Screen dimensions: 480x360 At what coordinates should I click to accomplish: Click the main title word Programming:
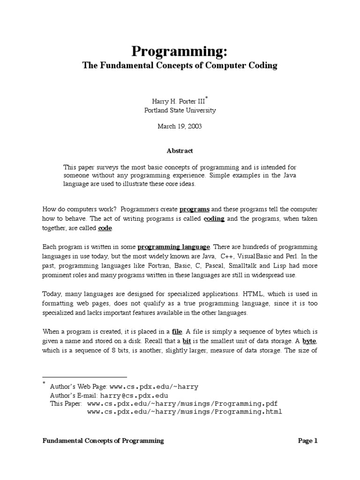(x=180, y=51)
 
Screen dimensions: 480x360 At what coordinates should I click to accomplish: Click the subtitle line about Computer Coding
(x=180, y=66)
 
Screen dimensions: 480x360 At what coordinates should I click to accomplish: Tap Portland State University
(x=180, y=111)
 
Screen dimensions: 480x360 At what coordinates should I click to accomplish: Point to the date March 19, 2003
(x=180, y=127)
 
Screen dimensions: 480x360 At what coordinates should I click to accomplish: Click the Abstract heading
(x=180, y=151)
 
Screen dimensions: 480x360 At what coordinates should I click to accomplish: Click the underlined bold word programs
(x=194, y=209)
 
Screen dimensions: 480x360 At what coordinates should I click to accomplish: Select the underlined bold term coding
(x=214, y=219)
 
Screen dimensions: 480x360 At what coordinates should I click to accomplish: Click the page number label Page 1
(x=308, y=441)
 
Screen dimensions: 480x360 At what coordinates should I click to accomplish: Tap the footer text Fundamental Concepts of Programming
(x=103, y=441)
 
